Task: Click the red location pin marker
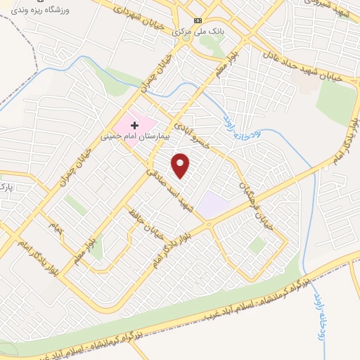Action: (x=181, y=166)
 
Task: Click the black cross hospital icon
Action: (x=134, y=124)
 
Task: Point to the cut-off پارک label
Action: (x=6, y=188)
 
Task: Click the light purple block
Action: (x=213, y=205)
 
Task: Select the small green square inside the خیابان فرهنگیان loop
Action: (x=257, y=245)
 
